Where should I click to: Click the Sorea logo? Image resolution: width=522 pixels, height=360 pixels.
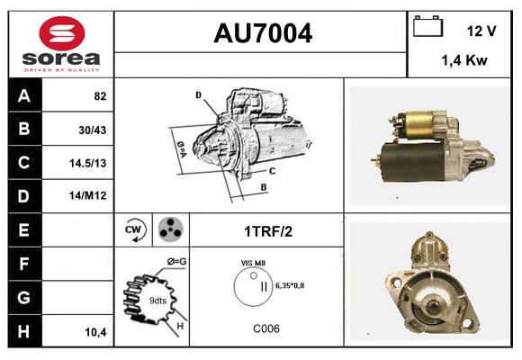click(60, 43)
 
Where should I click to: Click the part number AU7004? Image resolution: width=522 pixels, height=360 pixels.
click(262, 33)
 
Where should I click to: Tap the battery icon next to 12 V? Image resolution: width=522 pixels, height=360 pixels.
click(427, 27)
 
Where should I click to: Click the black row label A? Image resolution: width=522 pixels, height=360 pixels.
click(24, 95)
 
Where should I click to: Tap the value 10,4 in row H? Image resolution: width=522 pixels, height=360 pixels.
click(94, 332)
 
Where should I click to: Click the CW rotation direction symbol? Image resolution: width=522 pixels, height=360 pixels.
click(134, 230)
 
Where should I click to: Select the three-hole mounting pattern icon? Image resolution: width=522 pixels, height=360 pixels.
click(168, 230)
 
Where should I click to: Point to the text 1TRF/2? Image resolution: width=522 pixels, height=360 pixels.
click(266, 231)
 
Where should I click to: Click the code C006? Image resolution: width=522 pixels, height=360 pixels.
click(265, 328)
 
